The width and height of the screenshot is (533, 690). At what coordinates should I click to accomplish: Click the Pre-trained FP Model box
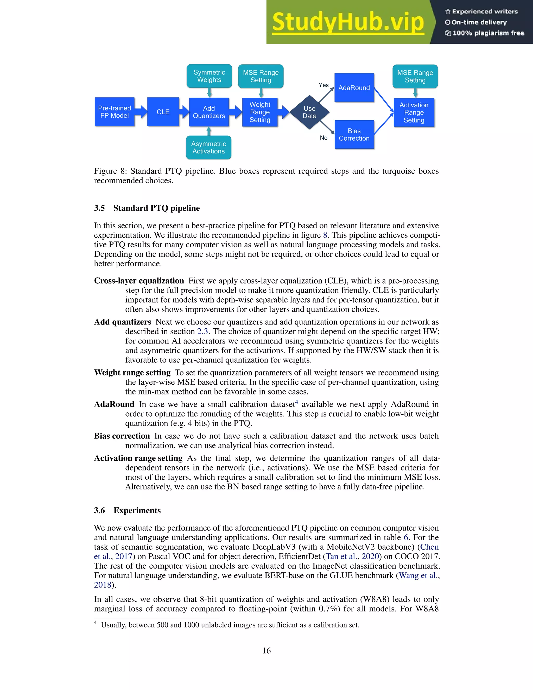114,112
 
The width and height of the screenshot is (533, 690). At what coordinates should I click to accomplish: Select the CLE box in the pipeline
163,112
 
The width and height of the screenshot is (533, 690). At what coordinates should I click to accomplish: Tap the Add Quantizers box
209,112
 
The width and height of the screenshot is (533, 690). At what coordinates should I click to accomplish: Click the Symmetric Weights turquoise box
209,76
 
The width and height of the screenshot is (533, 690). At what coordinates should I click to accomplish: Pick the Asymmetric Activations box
208,148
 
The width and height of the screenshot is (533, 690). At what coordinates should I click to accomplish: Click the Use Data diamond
309,112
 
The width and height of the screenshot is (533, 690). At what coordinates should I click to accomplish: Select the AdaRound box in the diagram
354,88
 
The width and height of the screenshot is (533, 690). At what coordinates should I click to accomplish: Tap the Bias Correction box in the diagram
354,135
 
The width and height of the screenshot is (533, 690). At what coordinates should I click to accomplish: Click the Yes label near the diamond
323,85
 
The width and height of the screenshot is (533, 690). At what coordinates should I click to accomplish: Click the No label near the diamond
323,138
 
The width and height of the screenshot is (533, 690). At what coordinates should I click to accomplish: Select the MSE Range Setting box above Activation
415,77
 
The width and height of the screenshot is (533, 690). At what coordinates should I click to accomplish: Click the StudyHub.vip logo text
348,22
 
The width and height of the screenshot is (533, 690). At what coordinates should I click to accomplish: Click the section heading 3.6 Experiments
127,510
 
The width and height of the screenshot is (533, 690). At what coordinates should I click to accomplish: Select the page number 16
266,650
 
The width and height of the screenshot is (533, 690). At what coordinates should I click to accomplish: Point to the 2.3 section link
202,331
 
